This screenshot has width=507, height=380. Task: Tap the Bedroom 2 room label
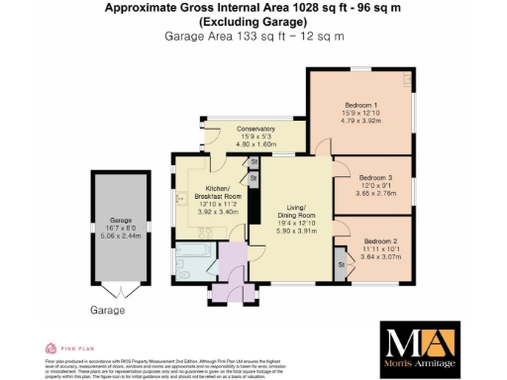[x=379, y=241]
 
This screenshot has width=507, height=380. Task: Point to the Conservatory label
[x=236, y=129]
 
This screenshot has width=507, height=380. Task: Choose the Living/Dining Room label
[x=294, y=212]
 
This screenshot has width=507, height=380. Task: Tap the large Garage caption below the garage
[x=109, y=311]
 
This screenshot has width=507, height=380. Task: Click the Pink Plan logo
[x=69, y=348]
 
